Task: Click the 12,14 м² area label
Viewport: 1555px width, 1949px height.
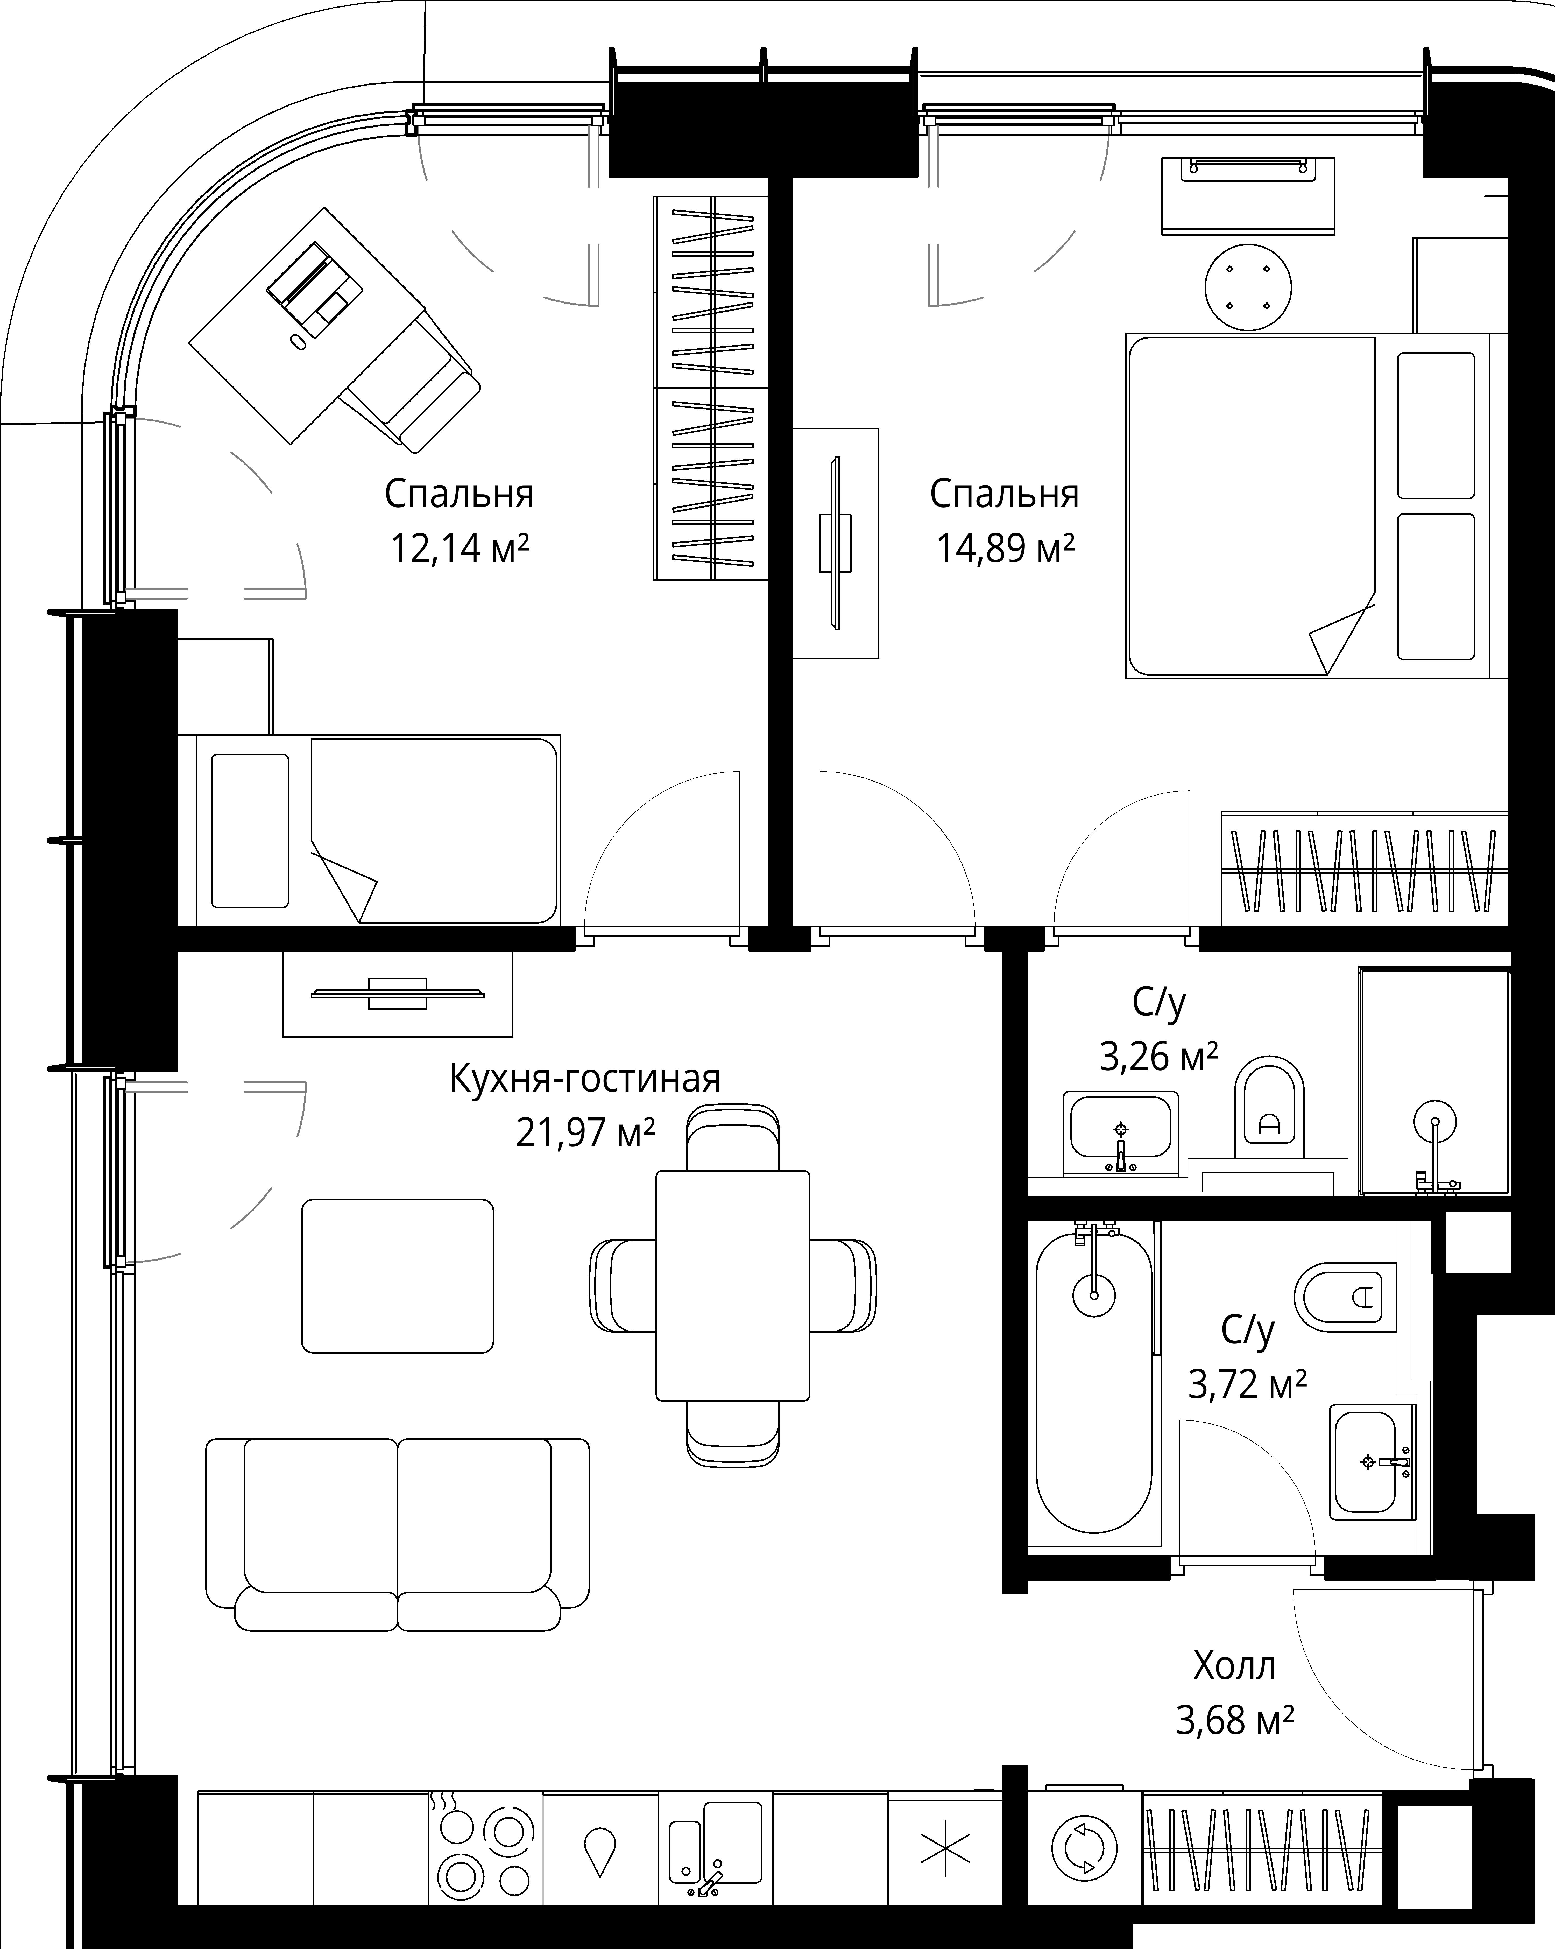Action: point(459,548)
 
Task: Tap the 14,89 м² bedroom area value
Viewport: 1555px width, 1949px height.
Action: point(1005,548)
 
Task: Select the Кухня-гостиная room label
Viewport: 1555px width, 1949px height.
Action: point(585,1079)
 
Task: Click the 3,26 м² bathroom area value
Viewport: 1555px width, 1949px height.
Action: point(1158,1055)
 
